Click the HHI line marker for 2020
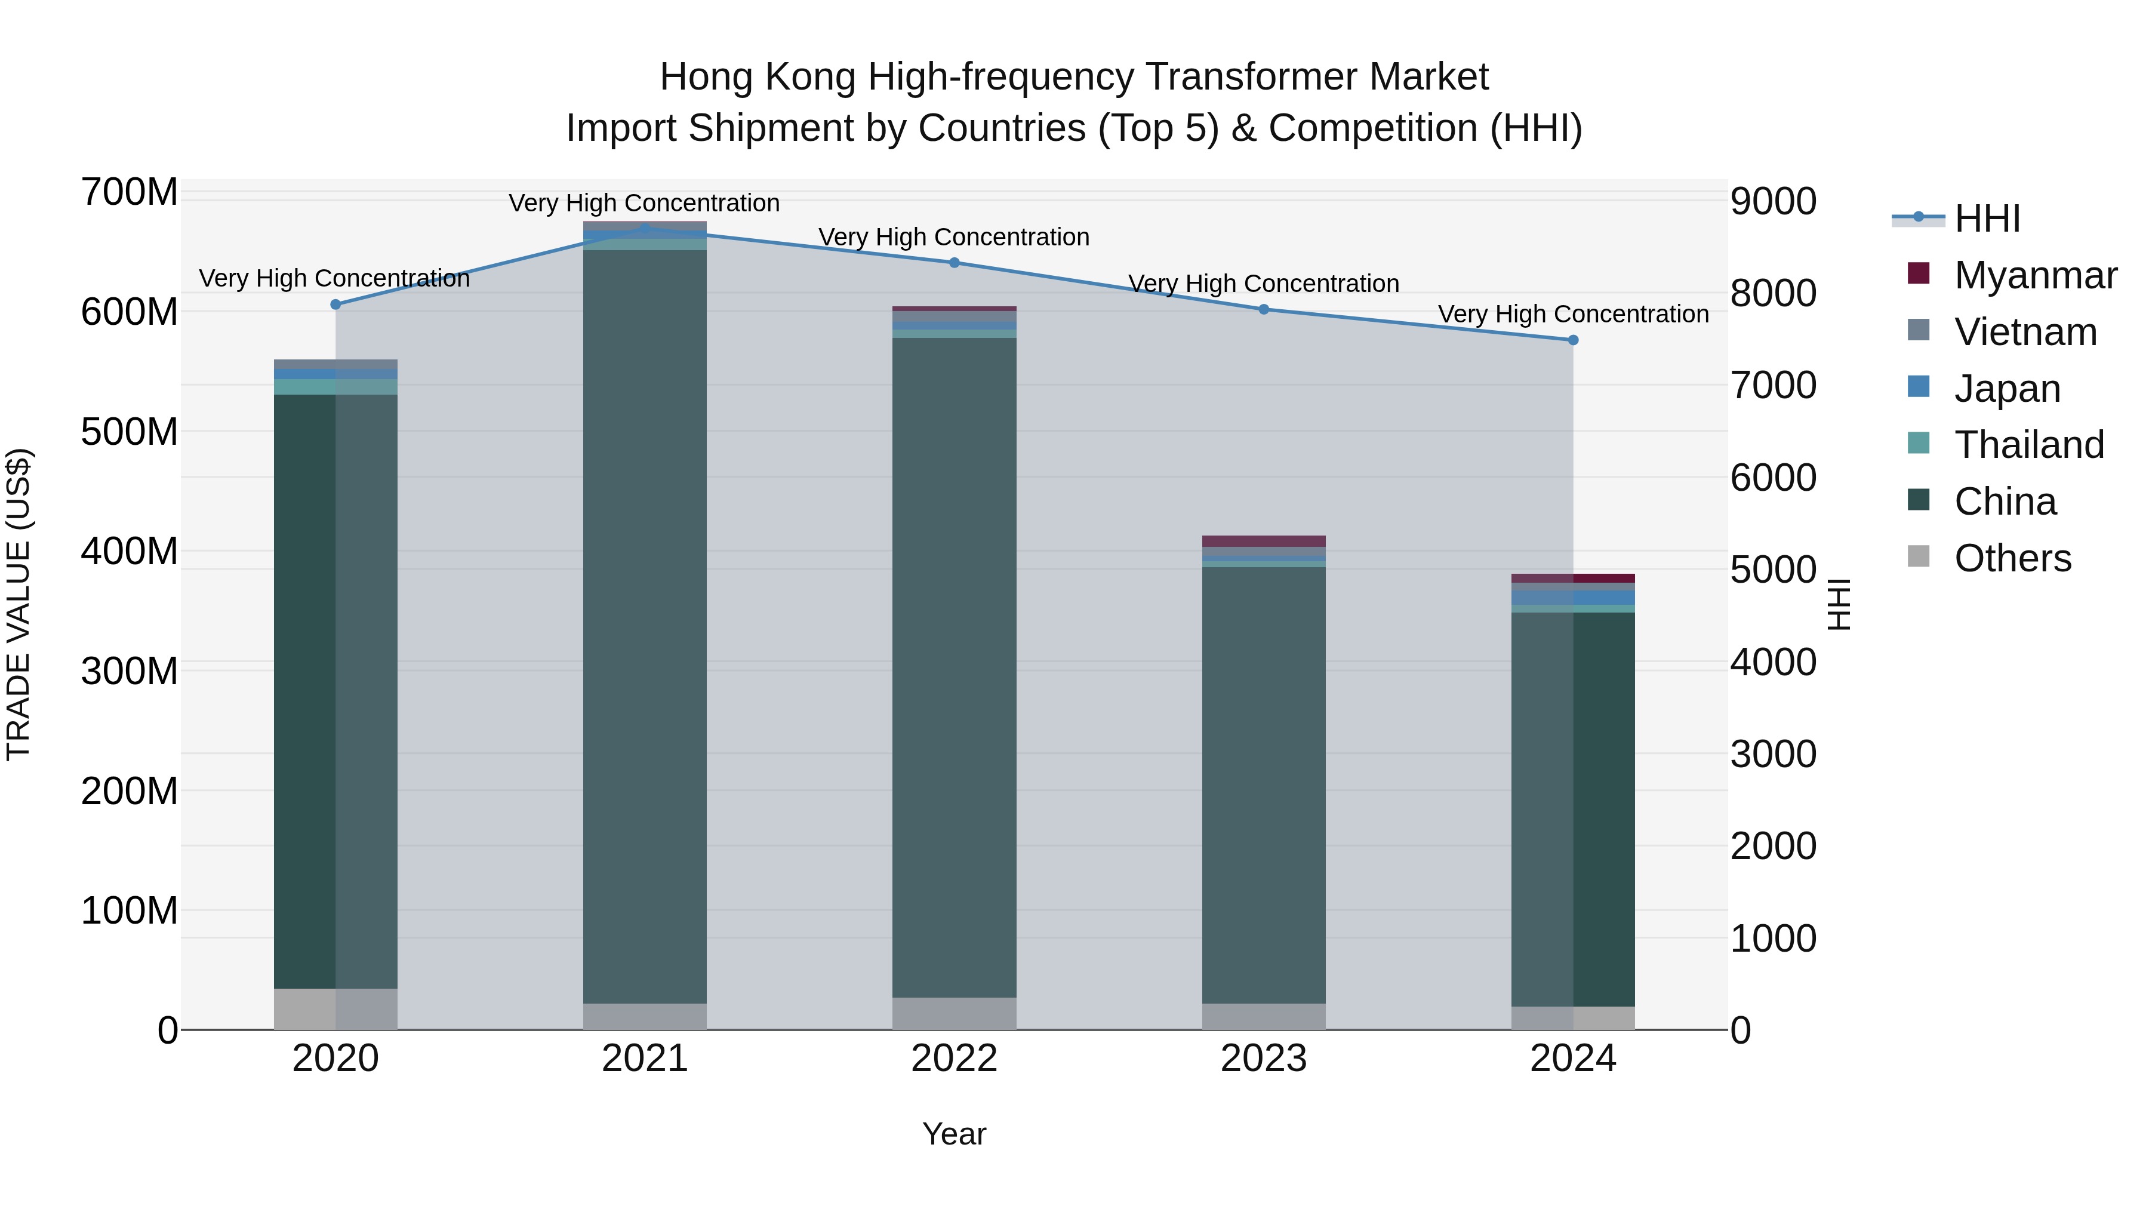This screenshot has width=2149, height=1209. [335, 304]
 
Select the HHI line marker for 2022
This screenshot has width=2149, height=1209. [955, 263]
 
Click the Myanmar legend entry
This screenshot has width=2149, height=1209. [2035, 275]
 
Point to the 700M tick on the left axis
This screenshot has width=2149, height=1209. [130, 193]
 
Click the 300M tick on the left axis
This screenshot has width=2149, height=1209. [130, 672]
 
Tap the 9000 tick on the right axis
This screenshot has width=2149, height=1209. [1773, 202]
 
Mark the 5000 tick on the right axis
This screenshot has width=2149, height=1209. [1773, 571]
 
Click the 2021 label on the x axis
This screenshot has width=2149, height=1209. [645, 1059]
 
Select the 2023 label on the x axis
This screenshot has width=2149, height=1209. [1264, 1059]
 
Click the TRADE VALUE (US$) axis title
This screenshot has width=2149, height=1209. [19, 604]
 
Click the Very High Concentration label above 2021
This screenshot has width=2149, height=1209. [644, 204]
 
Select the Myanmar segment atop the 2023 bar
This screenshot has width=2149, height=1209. [1264, 542]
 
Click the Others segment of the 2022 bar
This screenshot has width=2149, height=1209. [955, 1014]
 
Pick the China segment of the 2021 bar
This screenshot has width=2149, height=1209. [645, 626]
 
